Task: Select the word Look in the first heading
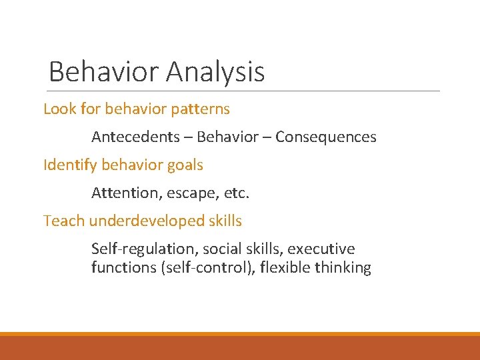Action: [57, 109]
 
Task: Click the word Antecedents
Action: [135, 137]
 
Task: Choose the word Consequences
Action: [326, 137]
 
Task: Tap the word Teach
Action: [64, 221]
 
